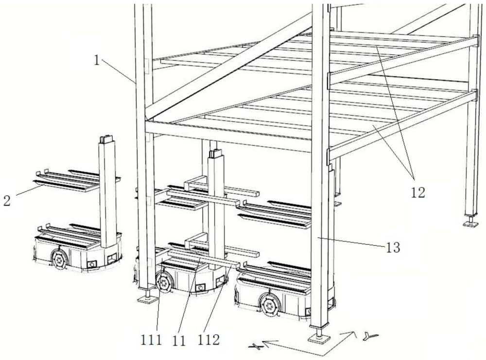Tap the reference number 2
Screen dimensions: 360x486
tap(7, 201)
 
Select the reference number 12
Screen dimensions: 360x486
tap(417, 192)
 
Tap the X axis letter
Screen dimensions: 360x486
tap(256, 346)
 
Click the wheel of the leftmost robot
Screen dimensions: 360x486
tap(59, 259)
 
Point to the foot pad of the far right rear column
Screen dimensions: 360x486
tap(470, 223)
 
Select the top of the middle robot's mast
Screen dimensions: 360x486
tap(215, 154)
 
